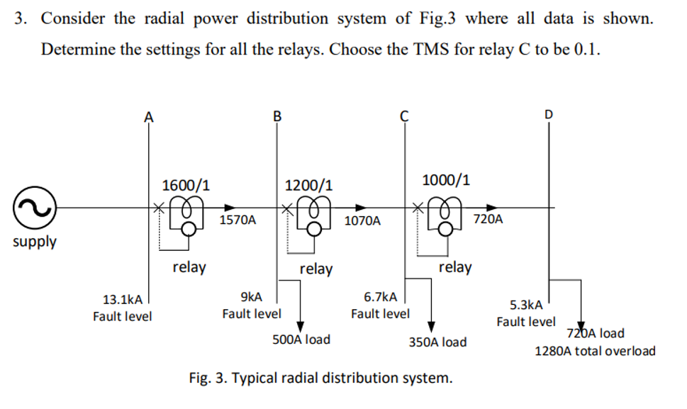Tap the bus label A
pos(148,117)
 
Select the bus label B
pos(277,116)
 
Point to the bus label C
pos(404,116)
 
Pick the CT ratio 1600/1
pos(186,186)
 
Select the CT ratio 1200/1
pos(309,186)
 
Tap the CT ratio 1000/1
pos(445,179)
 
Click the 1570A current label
pos(238,220)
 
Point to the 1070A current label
pos(362,221)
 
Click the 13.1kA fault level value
pos(122,300)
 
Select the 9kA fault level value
pos(251,296)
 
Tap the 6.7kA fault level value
pos(380,296)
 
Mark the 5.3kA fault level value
pos(526,306)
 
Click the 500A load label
pos(301,340)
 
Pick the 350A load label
pos(437,342)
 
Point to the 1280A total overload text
pos(595,351)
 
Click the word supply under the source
pos(35,242)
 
